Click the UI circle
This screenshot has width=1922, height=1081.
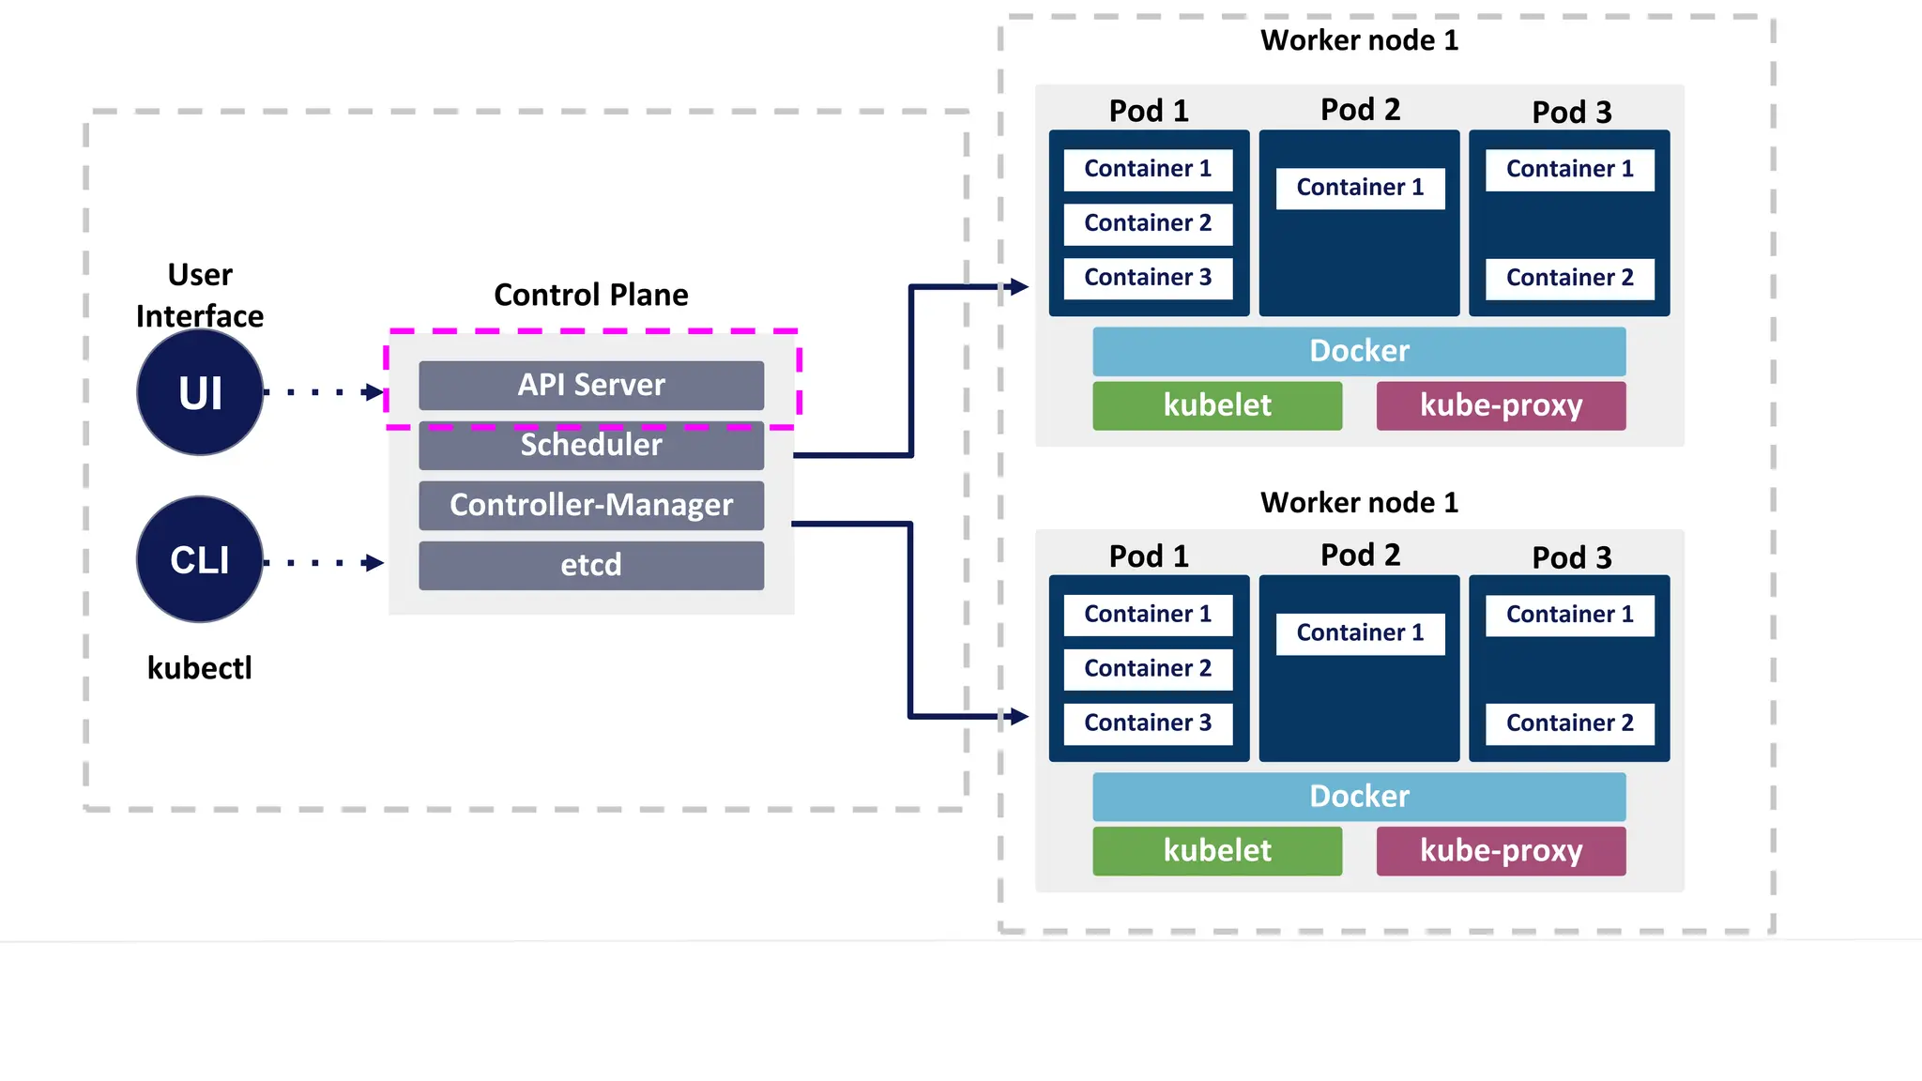[x=200, y=392]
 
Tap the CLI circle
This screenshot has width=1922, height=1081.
[x=200, y=559]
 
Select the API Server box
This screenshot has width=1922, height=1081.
[x=591, y=385]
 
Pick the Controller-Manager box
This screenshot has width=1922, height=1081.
[x=591, y=505]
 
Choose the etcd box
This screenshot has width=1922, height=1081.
[x=591, y=565]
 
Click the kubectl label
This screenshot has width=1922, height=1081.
[x=200, y=668]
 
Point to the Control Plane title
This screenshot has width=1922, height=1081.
[x=591, y=295]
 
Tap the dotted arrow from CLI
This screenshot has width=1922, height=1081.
[x=324, y=563]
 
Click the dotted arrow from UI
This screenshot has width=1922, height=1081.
[x=324, y=391]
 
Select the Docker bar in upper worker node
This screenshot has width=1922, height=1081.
[x=1359, y=351]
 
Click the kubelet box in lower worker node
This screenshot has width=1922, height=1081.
[x=1217, y=850]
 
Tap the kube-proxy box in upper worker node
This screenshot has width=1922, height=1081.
[x=1501, y=405]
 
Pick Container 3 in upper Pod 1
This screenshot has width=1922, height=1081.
[x=1148, y=278]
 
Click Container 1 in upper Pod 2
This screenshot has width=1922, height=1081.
[x=1360, y=188]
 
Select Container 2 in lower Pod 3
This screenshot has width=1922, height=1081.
[x=1570, y=723]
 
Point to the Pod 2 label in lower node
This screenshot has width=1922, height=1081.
[x=1360, y=555]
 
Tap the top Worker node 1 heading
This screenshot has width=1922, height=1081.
[x=1359, y=40]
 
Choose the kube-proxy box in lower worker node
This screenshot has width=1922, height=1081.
[x=1501, y=850]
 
